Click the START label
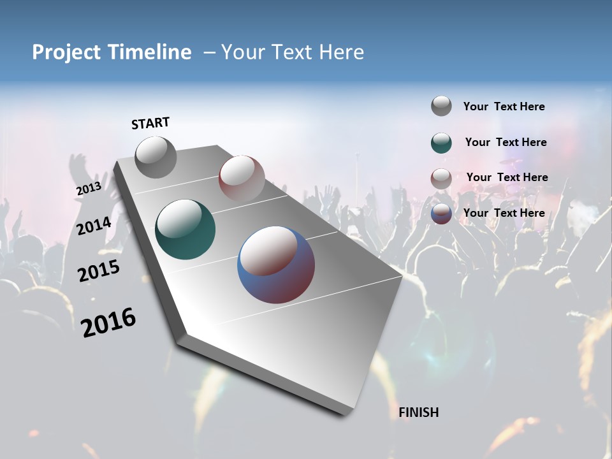point(150,123)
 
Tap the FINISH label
point(419,412)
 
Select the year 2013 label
point(89,189)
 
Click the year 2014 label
point(94,226)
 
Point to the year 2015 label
point(99,271)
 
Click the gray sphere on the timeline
point(156,157)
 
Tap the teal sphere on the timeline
point(186,229)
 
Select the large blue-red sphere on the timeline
point(276,265)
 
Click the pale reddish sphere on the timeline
point(242,178)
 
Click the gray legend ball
point(441,106)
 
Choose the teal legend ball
point(441,143)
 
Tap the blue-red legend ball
point(441,214)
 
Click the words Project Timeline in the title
point(112,52)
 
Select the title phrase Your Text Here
point(293,52)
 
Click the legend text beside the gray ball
point(504,106)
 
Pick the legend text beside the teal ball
point(506,142)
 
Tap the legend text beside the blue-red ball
point(504,213)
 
